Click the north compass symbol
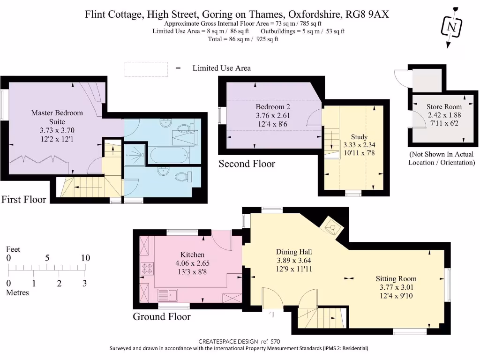click(451, 27)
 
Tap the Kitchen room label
click(192, 255)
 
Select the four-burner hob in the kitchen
click(147, 269)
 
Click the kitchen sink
click(167, 295)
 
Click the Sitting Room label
click(396, 278)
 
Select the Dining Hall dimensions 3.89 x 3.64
click(294, 261)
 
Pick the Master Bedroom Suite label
click(57, 117)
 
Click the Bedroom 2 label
click(273, 106)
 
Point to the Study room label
click(359, 136)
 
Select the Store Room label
click(444, 106)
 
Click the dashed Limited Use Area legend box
click(146, 69)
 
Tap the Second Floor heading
click(247, 164)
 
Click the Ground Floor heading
click(162, 316)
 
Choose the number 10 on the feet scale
click(86, 258)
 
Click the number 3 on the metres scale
click(84, 283)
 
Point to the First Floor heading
click(23, 199)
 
